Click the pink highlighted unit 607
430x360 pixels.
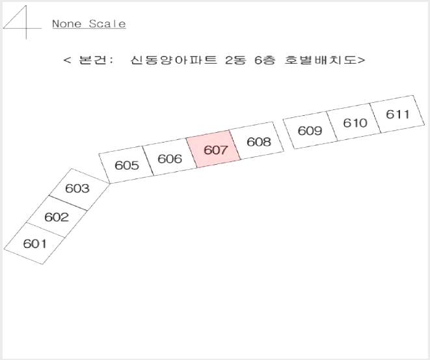213,149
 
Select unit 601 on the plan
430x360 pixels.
34,243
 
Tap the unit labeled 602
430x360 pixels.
57,217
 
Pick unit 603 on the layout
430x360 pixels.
79,189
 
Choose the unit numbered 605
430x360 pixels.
126,165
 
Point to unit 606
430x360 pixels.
170,158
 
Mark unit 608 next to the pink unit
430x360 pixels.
257,141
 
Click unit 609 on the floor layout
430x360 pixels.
310,130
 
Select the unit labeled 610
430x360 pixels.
354,122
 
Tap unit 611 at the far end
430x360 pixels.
397,114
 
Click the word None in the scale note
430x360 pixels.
66,23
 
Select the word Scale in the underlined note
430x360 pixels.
107,23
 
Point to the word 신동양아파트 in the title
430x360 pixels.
174,60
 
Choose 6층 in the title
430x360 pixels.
265,60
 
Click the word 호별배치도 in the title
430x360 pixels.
320,60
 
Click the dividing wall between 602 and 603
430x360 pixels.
68,203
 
